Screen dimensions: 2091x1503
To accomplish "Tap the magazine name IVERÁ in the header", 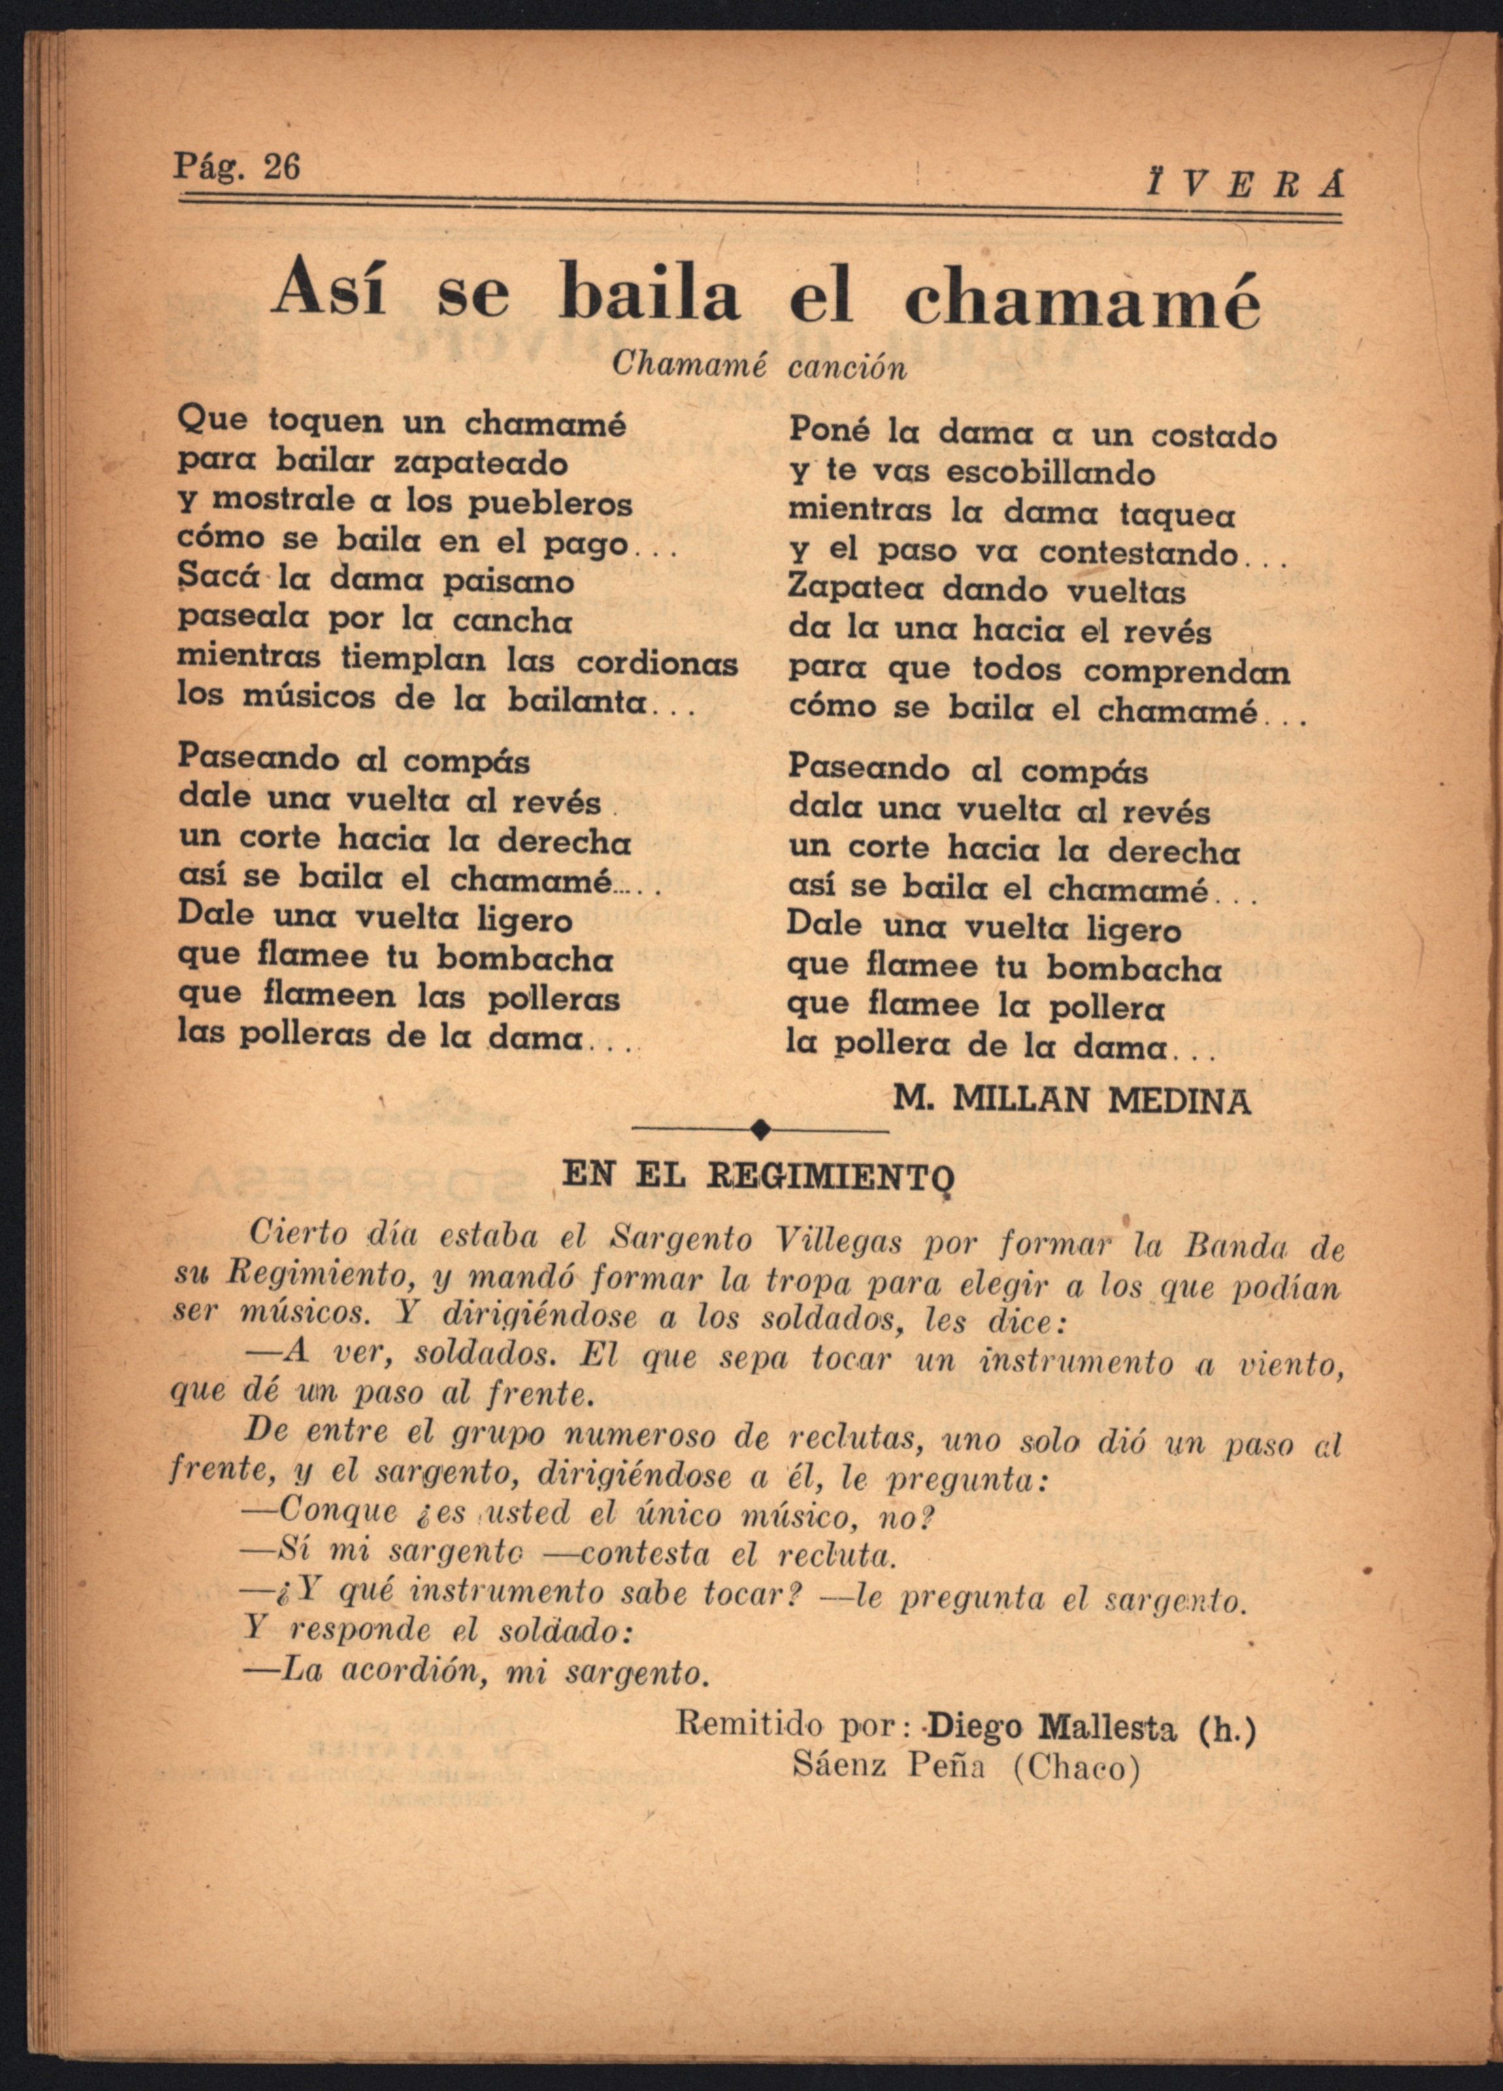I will [x=1245, y=186].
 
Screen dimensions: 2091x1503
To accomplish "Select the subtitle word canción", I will [x=848, y=368].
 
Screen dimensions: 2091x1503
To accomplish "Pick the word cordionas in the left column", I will [x=657, y=663].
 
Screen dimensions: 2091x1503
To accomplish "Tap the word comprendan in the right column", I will [x=1187, y=672].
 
